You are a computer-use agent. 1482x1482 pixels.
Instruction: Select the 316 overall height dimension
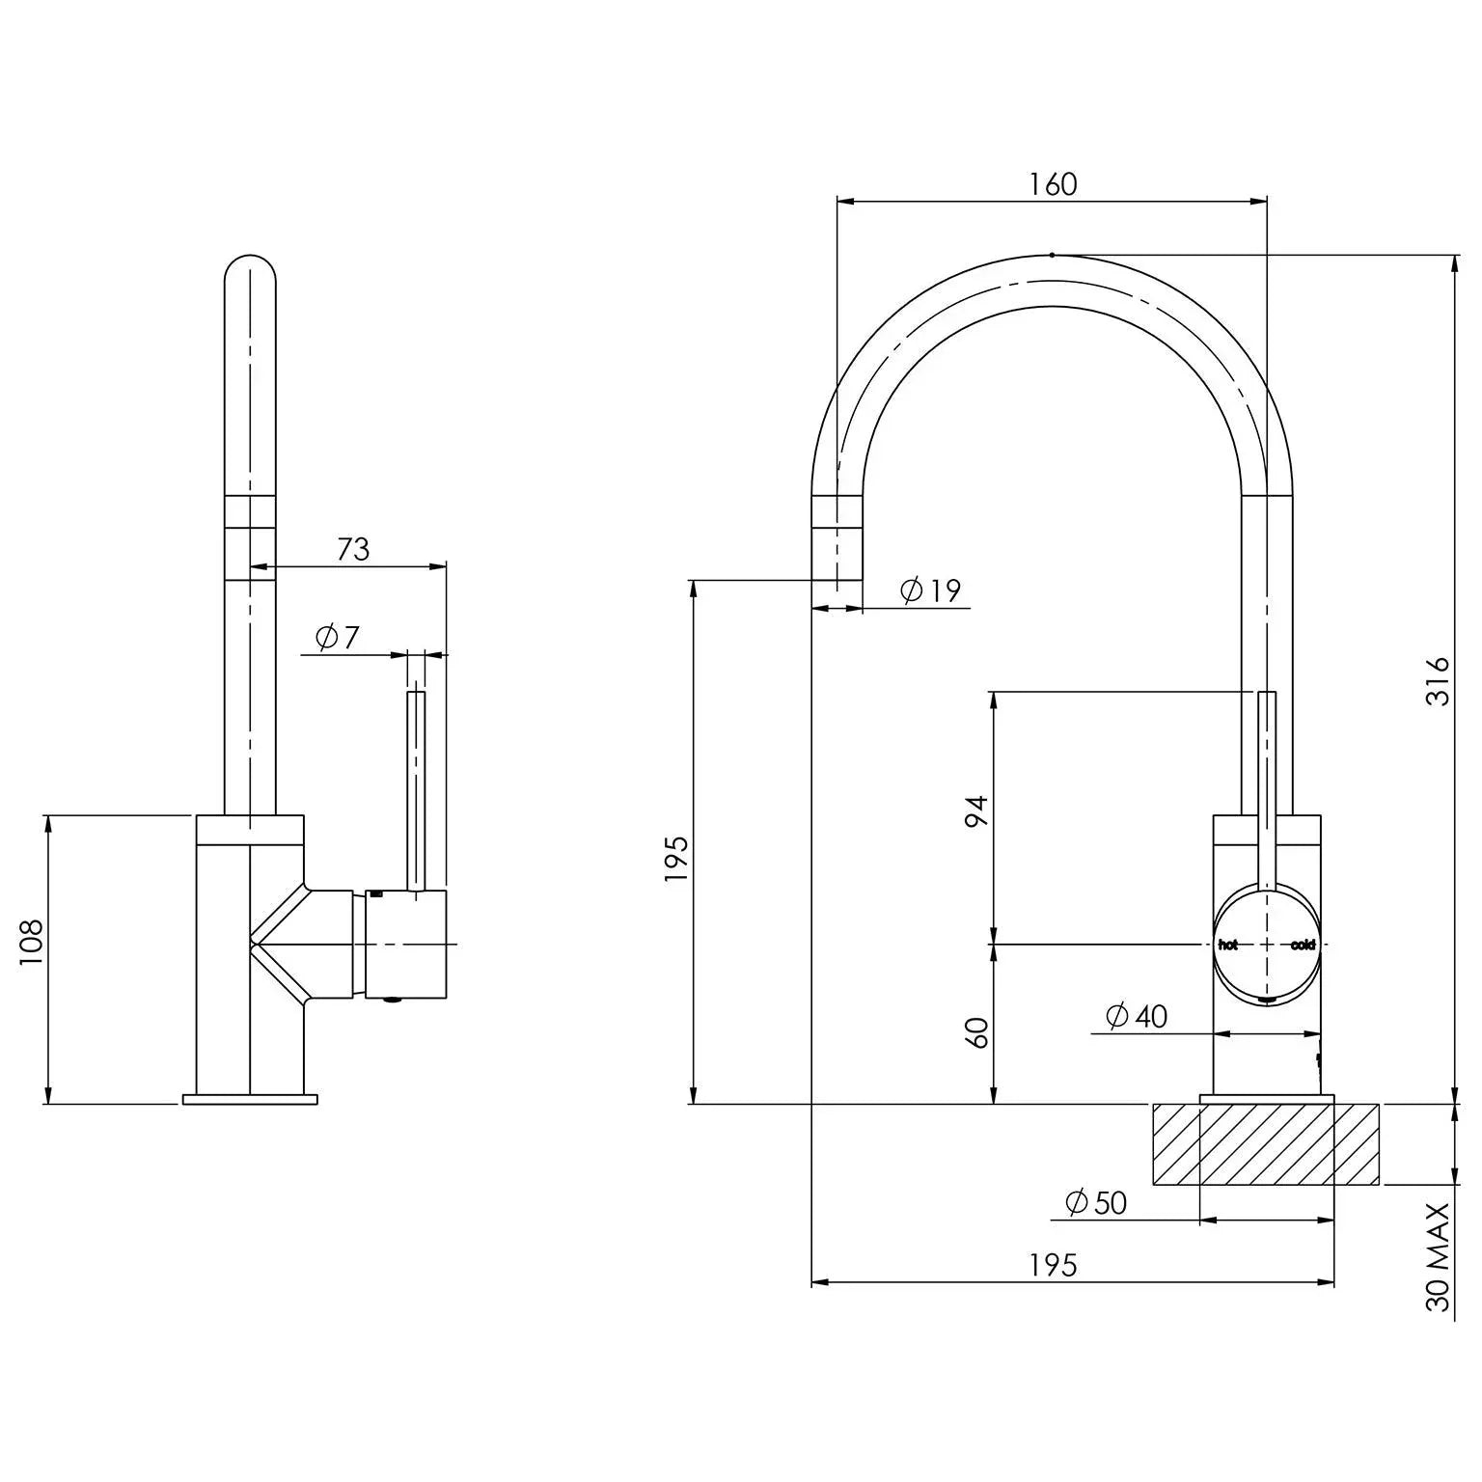[x=1437, y=680]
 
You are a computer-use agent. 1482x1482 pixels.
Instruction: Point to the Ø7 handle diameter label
[x=337, y=637]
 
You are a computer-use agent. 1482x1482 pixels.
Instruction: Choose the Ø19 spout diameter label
[x=930, y=590]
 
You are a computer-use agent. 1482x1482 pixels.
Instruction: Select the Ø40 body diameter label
[x=1137, y=1016]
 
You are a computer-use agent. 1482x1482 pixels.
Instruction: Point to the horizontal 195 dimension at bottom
[x=1052, y=1265]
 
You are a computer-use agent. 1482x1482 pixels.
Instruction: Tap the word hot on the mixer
[x=1227, y=945]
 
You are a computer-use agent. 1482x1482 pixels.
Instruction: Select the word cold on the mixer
[x=1303, y=945]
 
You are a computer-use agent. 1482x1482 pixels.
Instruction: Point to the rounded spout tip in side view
[x=250, y=270]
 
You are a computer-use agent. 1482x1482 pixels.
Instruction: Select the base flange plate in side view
[x=250, y=1099]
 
